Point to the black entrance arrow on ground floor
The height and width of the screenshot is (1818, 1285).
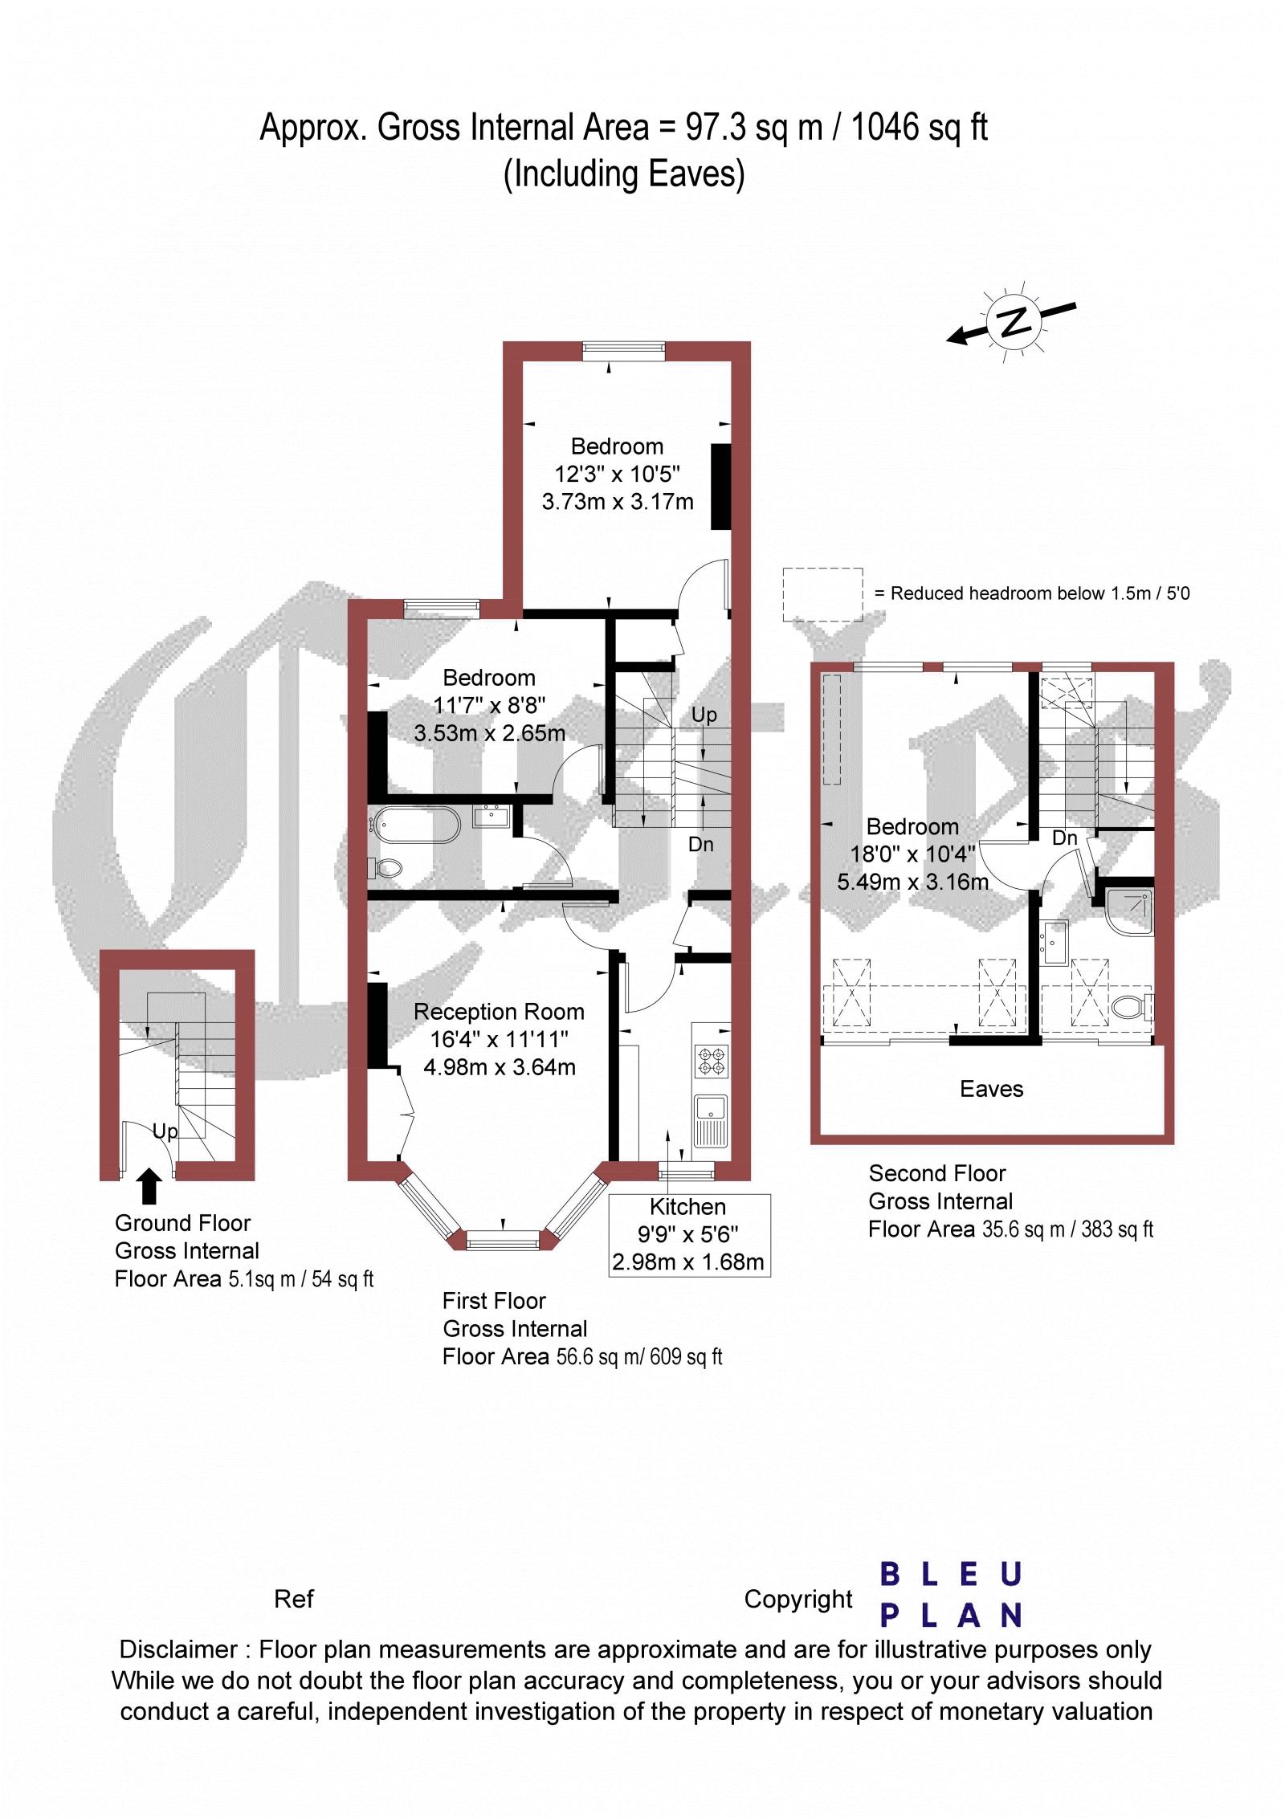(x=149, y=1188)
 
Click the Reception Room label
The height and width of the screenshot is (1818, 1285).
(x=499, y=1012)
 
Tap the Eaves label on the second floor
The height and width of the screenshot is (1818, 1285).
(x=992, y=1089)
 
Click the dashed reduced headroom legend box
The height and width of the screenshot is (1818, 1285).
(x=822, y=594)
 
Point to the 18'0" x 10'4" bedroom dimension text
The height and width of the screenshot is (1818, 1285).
(x=913, y=854)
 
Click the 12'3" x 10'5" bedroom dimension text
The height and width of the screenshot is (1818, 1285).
(x=618, y=475)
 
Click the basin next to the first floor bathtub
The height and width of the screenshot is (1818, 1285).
(x=491, y=817)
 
